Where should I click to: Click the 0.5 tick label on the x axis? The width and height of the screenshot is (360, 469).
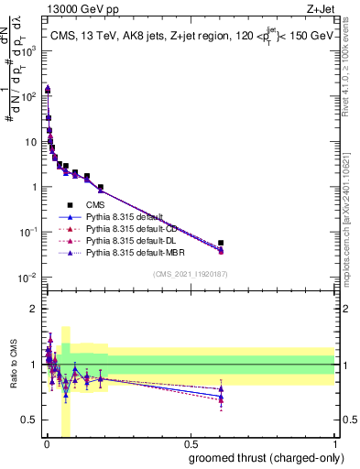pos(190,444)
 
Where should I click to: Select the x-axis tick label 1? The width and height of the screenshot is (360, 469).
pos(334,444)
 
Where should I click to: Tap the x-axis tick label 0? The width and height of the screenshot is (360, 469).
pos(47,444)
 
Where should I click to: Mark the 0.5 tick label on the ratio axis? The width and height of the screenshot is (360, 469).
pos(29,420)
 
